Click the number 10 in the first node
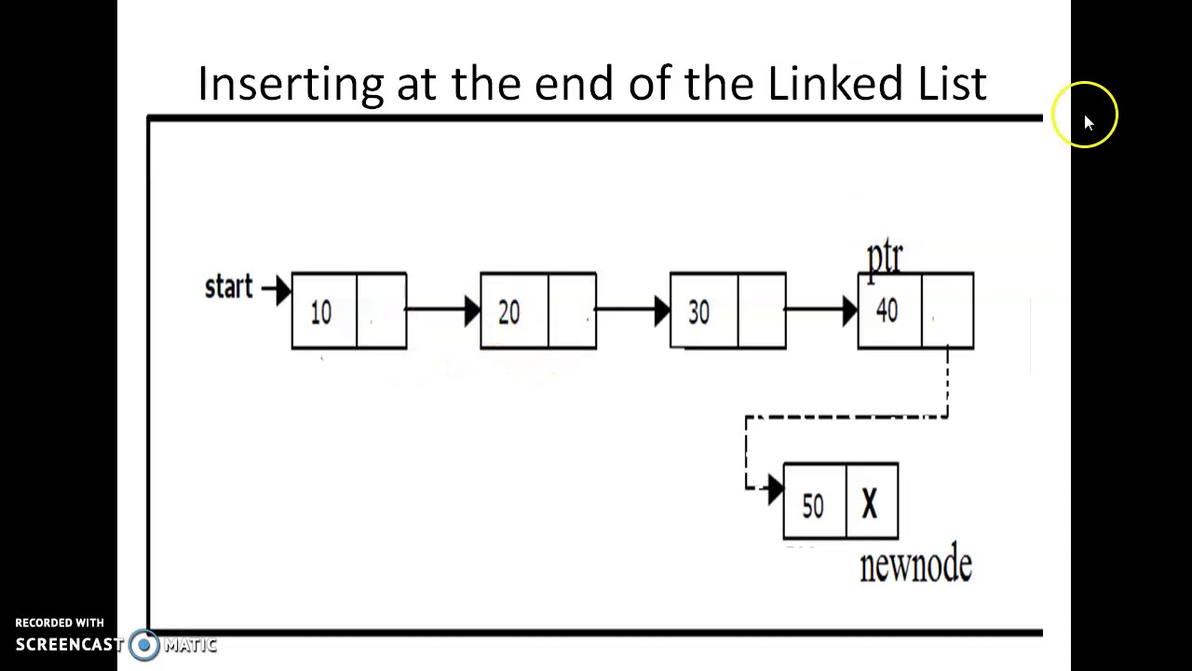click(x=321, y=312)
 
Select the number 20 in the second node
click(x=509, y=312)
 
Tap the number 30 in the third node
click(x=698, y=312)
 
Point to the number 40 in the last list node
click(x=887, y=310)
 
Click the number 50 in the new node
click(x=813, y=505)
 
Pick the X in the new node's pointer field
click(x=870, y=503)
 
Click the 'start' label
click(x=229, y=286)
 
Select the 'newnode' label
click(x=915, y=565)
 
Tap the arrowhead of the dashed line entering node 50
click(x=776, y=489)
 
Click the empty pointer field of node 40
click(x=947, y=310)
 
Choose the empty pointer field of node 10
click(x=381, y=311)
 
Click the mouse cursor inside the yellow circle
click(x=1089, y=123)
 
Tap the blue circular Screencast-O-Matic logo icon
click(x=143, y=645)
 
